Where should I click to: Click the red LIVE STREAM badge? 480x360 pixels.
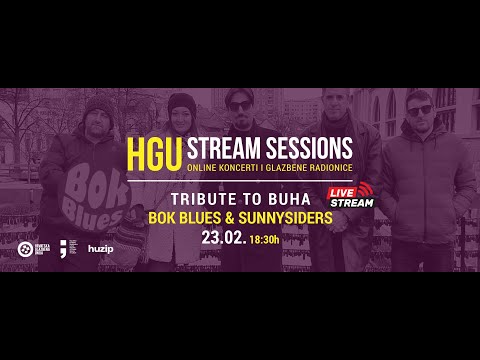(x=351, y=196)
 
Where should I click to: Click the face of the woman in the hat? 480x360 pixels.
(x=179, y=114)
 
